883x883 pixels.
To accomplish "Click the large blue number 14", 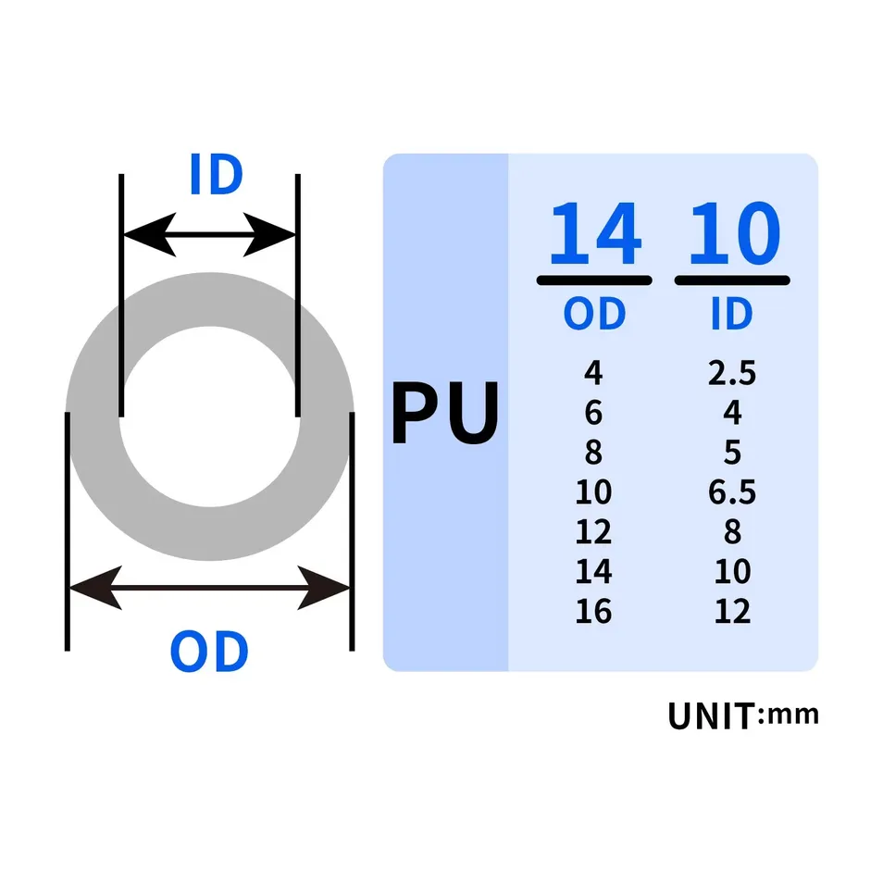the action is (x=594, y=233).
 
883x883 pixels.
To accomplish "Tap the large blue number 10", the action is (x=734, y=233).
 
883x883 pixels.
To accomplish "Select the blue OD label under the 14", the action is (x=594, y=314).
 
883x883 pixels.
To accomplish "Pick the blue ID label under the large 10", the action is (x=731, y=314).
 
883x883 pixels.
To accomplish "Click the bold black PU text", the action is (x=445, y=413).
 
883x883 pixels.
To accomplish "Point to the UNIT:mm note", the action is (x=743, y=715).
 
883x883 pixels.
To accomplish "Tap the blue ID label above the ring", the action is (x=217, y=174).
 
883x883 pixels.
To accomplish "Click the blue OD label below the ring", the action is (x=209, y=652).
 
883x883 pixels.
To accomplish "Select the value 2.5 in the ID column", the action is (x=732, y=373).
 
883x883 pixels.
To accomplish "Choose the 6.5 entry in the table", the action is (x=732, y=492).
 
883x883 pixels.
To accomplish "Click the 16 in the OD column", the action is (x=593, y=612).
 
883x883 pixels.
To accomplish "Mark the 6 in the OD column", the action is (x=593, y=413).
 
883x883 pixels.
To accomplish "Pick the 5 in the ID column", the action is (x=732, y=453).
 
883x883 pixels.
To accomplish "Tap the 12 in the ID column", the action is (x=732, y=612).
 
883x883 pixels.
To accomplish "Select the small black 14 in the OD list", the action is (x=593, y=572).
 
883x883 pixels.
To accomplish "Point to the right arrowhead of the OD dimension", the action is (x=323, y=588).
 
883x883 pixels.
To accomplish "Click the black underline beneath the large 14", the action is (x=594, y=280).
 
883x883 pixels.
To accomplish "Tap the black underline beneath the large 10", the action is (x=732, y=280).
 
